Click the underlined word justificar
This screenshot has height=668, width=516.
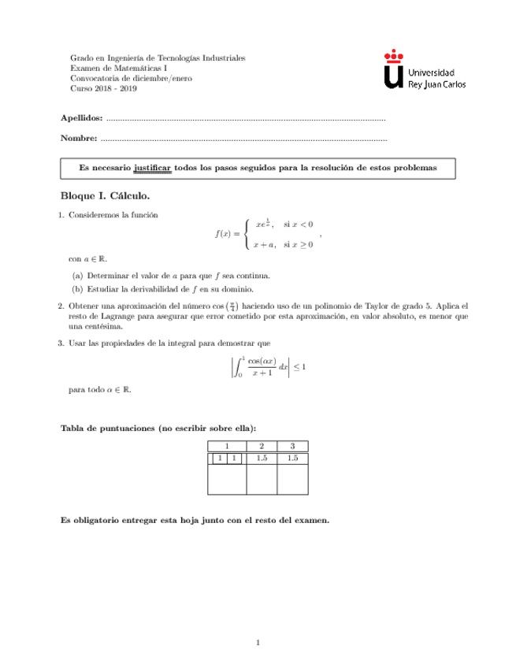153,168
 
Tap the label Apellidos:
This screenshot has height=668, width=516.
81,118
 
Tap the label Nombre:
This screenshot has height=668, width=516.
79,139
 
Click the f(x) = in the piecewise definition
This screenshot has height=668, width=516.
227,234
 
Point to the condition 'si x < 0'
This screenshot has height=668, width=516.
298,224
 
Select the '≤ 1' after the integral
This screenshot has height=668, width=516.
300,366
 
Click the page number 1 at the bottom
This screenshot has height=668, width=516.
258,644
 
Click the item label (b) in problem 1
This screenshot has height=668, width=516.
77,289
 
